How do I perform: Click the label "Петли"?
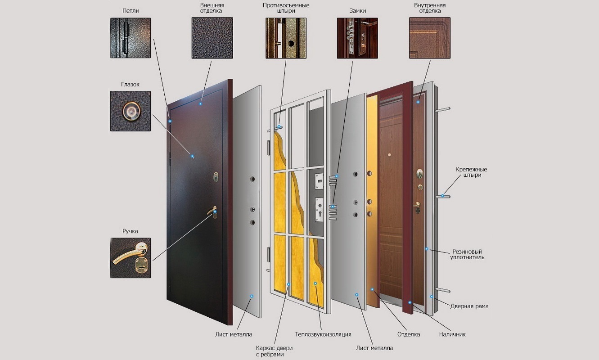pos(131,11)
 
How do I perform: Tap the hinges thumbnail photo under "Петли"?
pos(131,38)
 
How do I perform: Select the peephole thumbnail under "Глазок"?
pos(131,111)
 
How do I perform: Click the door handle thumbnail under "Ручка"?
pos(131,258)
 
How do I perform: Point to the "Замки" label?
pos(357,11)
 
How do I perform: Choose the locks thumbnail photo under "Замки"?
pos(357,38)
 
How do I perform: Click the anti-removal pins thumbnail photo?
pos(286,38)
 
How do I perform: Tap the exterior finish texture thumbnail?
pos(212,38)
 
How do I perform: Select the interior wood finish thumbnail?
pos(430,38)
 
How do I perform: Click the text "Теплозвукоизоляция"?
pos(323,334)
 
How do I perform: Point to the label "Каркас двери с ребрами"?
pos(274,351)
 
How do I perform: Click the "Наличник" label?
pos(452,334)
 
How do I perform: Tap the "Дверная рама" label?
pos(469,306)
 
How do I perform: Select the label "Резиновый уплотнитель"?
pos(467,254)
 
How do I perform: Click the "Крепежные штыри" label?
pos(472,172)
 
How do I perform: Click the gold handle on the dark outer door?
pos(212,211)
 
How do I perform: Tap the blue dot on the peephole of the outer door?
pos(192,156)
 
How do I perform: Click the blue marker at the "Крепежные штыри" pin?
pos(442,196)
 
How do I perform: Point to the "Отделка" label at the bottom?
pos(408,334)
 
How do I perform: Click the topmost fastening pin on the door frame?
pos(443,109)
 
